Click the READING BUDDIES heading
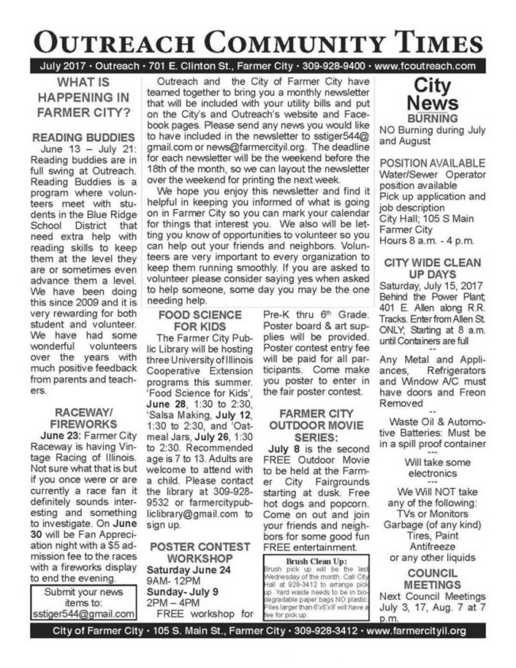[83, 136]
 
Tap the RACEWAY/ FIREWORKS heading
[83, 419]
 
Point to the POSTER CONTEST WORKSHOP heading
[201, 552]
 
